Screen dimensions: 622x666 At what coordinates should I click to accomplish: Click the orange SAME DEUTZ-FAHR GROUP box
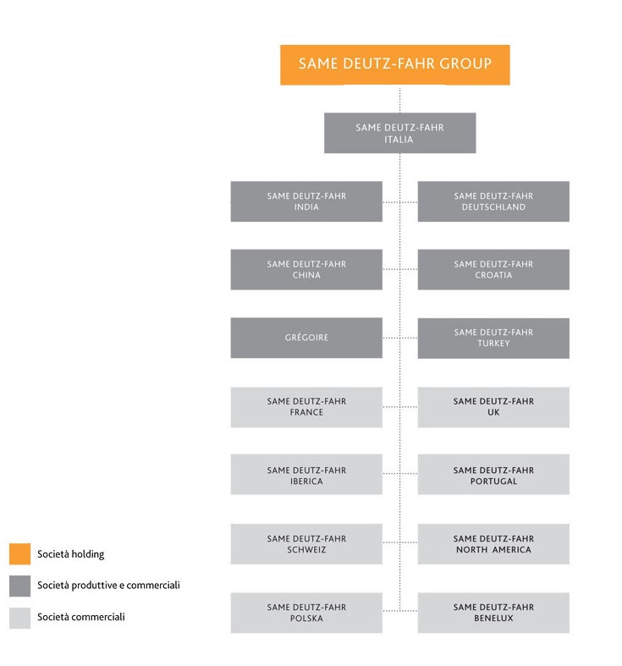click(394, 65)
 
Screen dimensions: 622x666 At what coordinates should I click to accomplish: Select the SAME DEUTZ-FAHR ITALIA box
click(399, 133)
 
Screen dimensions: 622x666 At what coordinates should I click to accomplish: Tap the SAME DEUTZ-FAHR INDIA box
click(306, 201)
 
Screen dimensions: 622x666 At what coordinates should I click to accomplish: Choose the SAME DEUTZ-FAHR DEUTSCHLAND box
click(493, 201)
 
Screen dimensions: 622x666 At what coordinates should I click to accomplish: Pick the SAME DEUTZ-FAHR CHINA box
click(306, 270)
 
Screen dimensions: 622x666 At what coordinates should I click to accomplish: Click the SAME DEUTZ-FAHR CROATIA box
click(493, 270)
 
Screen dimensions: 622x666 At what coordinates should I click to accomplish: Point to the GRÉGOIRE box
click(306, 338)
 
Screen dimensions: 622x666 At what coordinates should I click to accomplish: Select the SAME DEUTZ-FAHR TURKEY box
click(493, 339)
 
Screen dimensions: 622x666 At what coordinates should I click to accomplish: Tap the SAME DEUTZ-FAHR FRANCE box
click(306, 407)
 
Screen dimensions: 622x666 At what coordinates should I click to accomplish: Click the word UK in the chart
click(493, 412)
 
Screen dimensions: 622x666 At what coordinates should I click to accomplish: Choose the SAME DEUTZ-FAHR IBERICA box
click(306, 475)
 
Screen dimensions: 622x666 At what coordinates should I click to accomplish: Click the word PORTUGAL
click(493, 482)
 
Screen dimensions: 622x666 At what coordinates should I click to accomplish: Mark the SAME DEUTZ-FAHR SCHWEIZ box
click(306, 543)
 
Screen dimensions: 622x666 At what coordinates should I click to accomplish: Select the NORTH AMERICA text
click(493, 549)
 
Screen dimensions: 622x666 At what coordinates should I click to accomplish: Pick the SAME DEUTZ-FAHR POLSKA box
click(306, 613)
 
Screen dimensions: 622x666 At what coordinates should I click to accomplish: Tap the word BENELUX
click(493, 619)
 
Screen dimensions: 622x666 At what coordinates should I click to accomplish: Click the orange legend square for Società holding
click(20, 553)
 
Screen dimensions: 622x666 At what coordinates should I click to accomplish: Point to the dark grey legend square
click(20, 586)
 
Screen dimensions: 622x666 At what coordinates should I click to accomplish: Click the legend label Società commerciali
click(81, 617)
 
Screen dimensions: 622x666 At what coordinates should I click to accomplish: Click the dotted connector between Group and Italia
click(399, 99)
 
